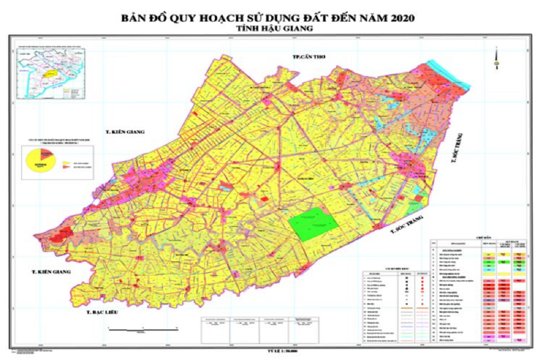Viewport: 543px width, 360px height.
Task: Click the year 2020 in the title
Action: pyautogui.click(x=400, y=19)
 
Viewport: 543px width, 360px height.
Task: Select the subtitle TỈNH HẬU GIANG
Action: pyautogui.click(x=271, y=28)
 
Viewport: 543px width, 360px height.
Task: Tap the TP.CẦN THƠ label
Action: pyautogui.click(x=309, y=56)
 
